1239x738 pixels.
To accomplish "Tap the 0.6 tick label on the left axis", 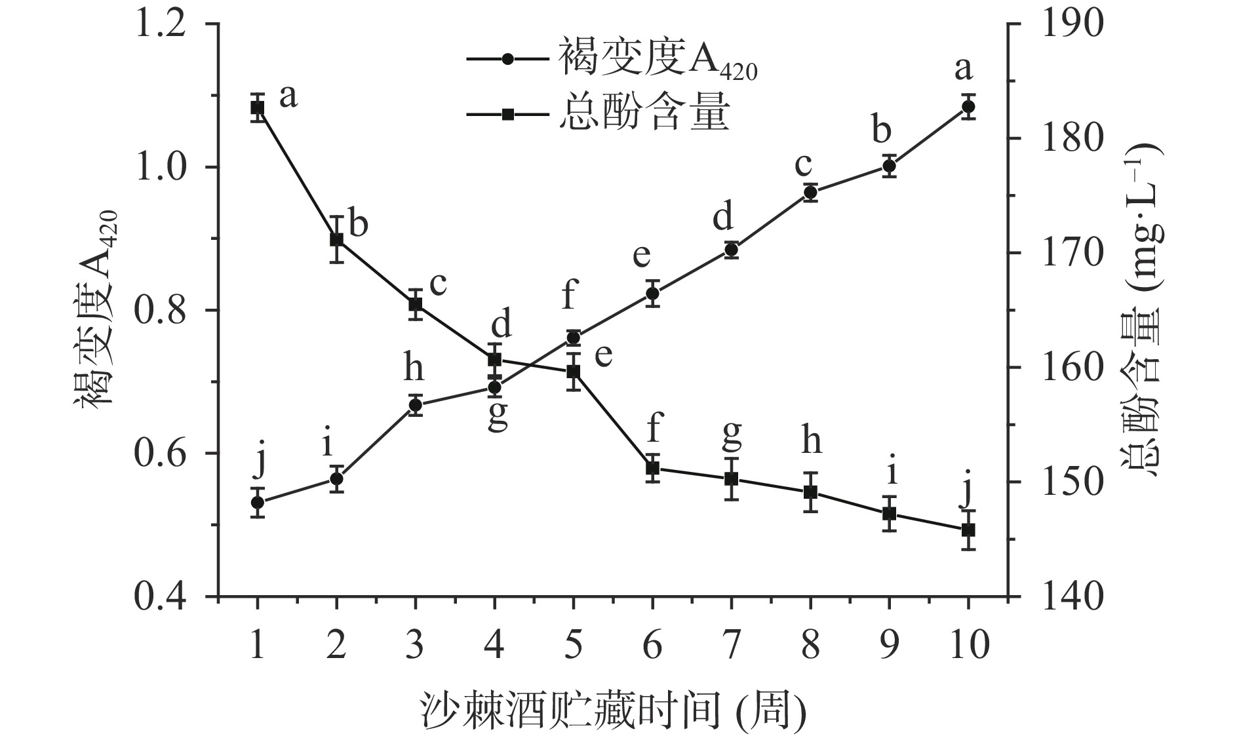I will coord(168,454).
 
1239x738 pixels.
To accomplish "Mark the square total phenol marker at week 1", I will coord(258,107).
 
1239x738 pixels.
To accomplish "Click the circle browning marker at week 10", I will coord(968,107).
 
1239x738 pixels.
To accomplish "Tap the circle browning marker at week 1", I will coord(258,502).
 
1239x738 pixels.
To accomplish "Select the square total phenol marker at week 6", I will coord(652,469).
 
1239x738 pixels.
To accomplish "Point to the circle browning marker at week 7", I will coord(732,250).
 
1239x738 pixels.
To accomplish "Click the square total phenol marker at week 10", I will coord(968,530).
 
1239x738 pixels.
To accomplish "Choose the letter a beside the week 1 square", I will coord(288,96).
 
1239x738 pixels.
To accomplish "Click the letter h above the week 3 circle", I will coord(414,369).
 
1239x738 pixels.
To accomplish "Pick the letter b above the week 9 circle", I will coord(882,130).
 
